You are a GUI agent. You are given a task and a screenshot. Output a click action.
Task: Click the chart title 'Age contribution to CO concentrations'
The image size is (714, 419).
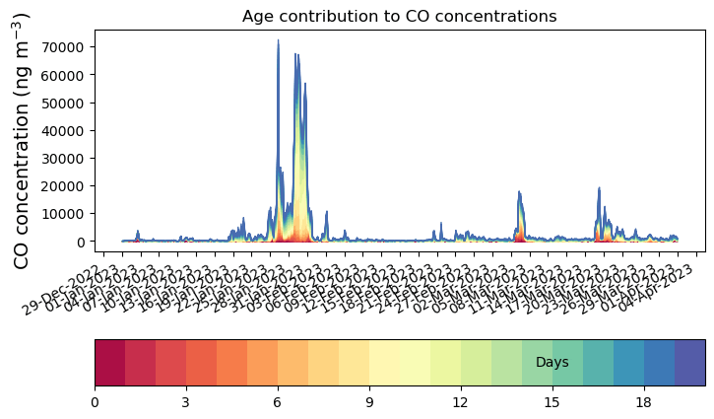coord(399,16)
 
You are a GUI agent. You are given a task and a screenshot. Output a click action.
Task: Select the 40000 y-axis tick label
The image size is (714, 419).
coord(65,130)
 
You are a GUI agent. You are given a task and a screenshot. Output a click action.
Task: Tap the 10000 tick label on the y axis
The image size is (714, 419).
coord(65,214)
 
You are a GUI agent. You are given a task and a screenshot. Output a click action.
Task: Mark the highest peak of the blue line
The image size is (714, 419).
coord(278,40)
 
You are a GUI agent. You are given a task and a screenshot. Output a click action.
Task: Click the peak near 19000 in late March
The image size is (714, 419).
coord(599,188)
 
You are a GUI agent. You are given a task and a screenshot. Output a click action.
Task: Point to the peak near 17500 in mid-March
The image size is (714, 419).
coord(519,192)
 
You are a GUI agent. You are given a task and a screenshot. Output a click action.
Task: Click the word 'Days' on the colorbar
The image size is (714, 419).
coord(552,363)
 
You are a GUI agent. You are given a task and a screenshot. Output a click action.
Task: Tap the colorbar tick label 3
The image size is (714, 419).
coord(185,402)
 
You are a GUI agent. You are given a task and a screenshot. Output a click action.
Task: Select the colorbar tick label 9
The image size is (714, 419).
coord(368,402)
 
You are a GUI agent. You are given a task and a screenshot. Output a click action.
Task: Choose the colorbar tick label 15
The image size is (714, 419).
coord(552,402)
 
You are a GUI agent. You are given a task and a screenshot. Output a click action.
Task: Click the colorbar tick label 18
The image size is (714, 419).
coord(644,402)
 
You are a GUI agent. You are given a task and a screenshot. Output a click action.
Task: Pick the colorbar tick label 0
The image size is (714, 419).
coord(95,402)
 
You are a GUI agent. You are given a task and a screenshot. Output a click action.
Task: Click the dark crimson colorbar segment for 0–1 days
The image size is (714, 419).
coord(109,362)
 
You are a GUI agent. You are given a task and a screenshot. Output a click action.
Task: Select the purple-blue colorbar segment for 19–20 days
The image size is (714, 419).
coord(689,362)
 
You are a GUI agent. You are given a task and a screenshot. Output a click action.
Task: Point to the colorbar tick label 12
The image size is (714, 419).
coord(460,402)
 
